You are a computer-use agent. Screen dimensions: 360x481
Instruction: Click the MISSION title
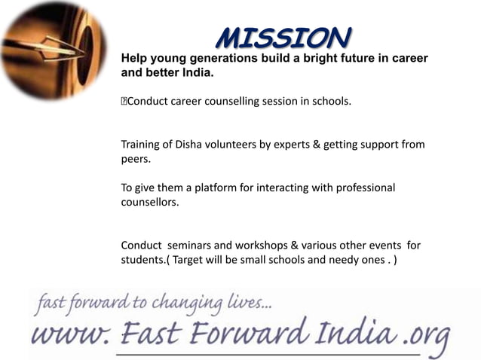click(x=283, y=36)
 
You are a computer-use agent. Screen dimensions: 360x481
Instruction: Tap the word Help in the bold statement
click(x=136, y=58)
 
